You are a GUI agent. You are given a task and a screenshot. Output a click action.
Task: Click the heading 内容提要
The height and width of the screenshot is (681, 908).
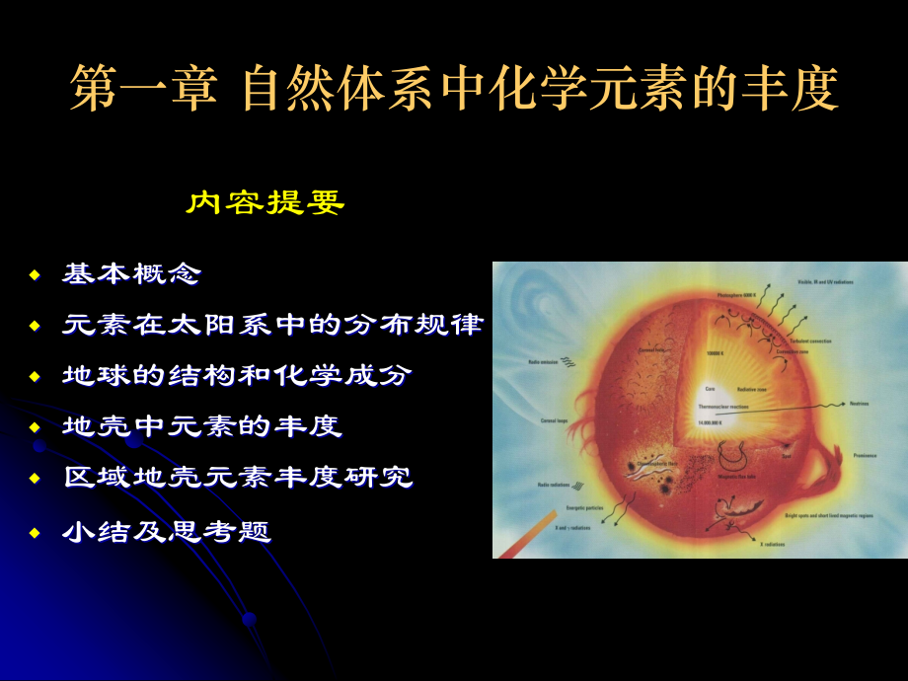click(x=265, y=203)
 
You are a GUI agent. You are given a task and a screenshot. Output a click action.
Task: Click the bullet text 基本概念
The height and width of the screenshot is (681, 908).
click(x=131, y=273)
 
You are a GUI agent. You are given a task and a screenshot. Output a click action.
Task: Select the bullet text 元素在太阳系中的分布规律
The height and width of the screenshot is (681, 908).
click(x=272, y=325)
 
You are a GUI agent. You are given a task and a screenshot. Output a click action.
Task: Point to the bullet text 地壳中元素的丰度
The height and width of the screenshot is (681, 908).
click(x=201, y=427)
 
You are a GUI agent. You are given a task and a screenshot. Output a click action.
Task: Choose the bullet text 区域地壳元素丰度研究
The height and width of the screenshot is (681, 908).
click(x=237, y=479)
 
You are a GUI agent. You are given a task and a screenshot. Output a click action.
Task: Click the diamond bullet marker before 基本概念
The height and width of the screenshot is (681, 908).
click(x=35, y=274)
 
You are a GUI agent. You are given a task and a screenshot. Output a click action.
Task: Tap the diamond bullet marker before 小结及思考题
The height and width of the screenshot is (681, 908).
click(x=35, y=533)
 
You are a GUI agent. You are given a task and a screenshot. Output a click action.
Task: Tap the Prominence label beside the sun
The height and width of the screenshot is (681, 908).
click(x=867, y=456)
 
